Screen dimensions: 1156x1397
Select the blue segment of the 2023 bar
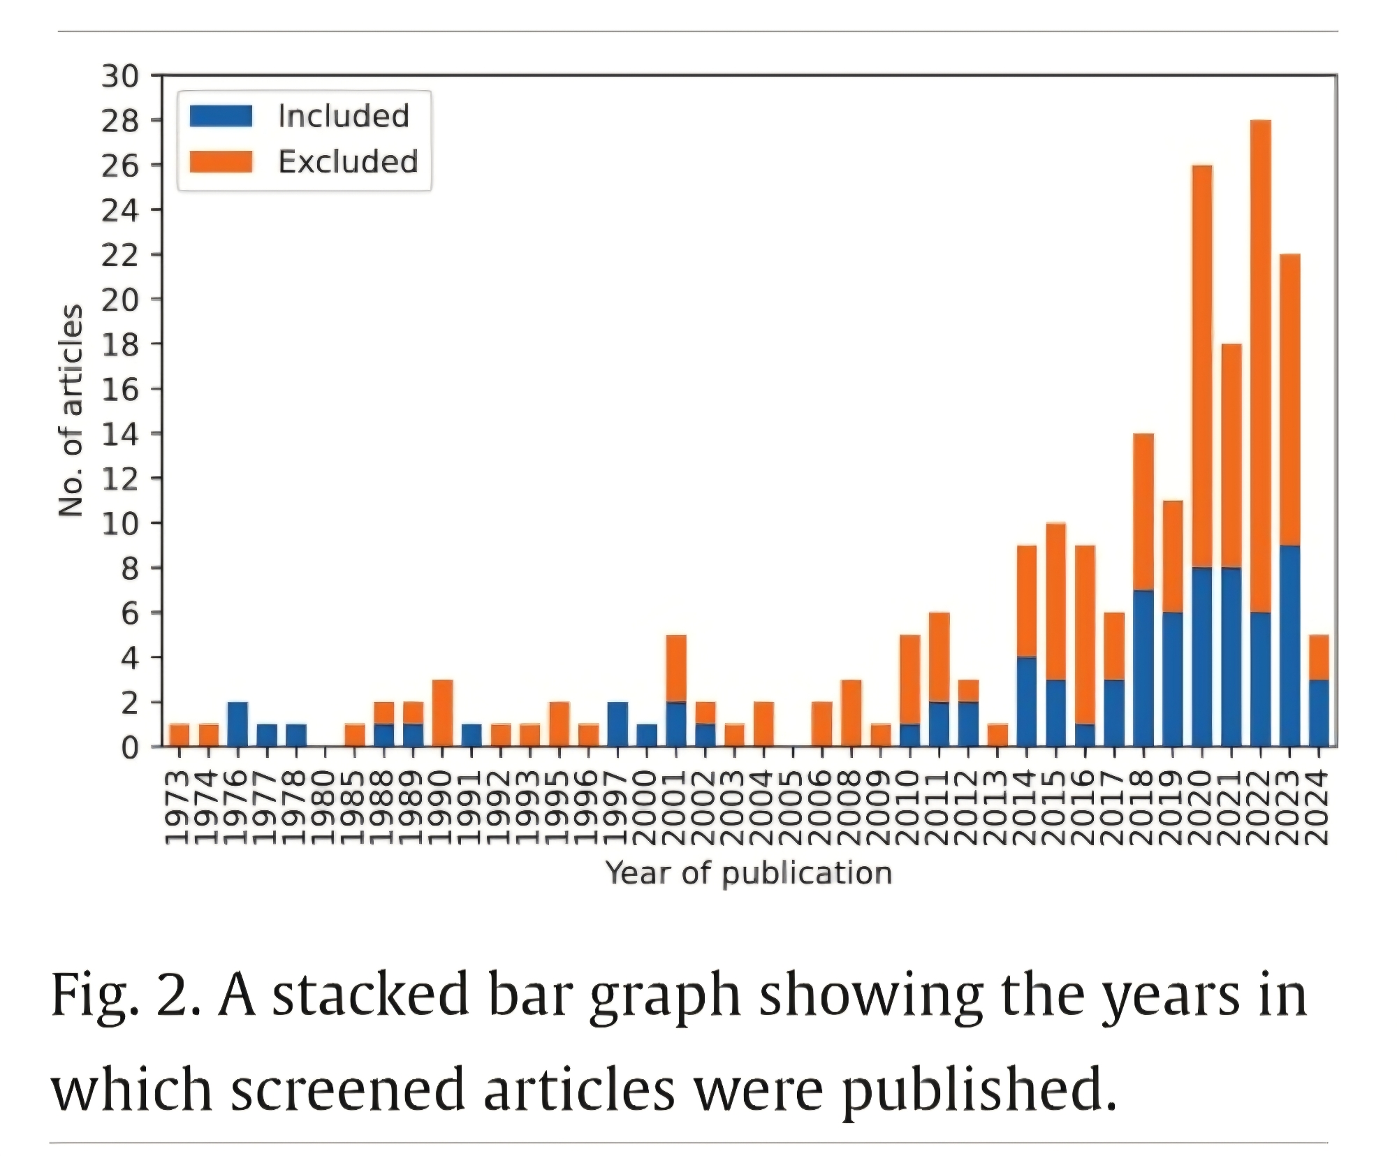tap(1289, 646)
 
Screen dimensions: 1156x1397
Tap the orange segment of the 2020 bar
tap(1201, 366)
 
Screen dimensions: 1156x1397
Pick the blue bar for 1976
tap(237, 724)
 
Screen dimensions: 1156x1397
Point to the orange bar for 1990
tap(442, 713)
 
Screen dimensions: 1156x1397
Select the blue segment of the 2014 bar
tap(1026, 701)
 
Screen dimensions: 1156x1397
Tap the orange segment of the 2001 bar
tap(676, 668)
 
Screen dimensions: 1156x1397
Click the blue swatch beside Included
tap(221, 116)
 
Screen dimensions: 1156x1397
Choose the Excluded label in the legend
tap(348, 162)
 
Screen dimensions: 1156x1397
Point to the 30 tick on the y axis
tap(120, 76)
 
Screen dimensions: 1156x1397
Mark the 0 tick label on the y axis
tap(130, 748)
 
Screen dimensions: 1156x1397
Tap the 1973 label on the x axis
tap(178, 807)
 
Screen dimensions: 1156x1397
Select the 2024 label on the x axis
tap(1317, 807)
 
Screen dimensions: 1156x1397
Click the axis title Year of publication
tap(749, 873)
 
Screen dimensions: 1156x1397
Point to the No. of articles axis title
tap(71, 411)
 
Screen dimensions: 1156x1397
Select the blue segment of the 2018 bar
tap(1143, 668)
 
